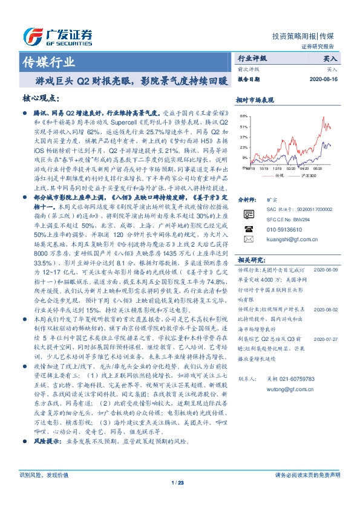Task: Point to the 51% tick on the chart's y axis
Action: tap(244, 128)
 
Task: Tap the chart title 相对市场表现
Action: tap(255, 99)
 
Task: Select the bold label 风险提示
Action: tap(46, 459)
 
